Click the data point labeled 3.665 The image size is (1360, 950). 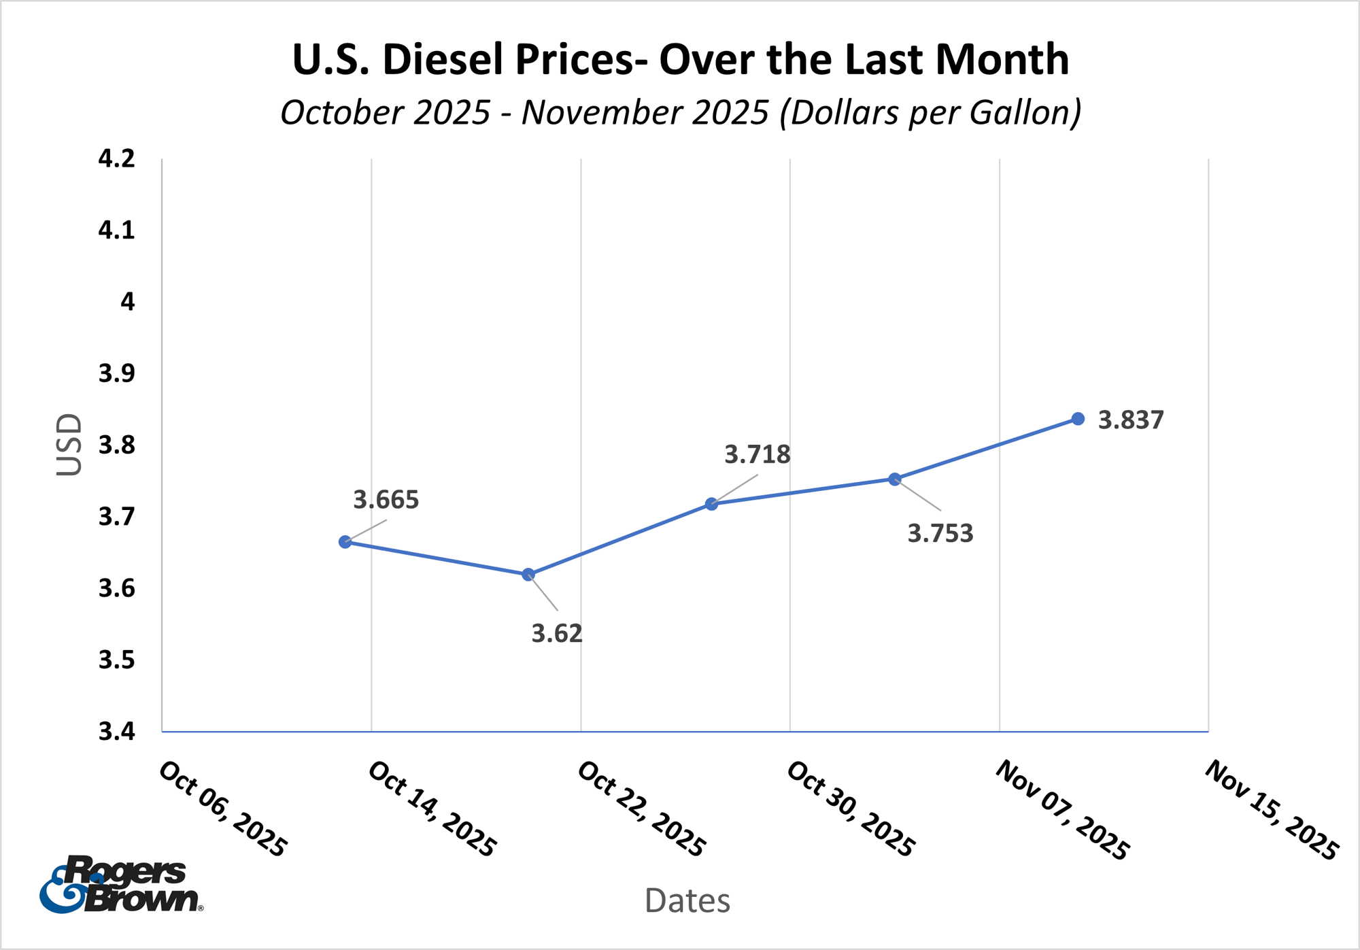pyautogui.click(x=345, y=542)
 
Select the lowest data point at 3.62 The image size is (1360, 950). pyautogui.click(x=528, y=575)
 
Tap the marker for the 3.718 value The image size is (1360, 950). pyautogui.click(x=711, y=504)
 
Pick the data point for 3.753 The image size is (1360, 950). pyautogui.click(x=895, y=479)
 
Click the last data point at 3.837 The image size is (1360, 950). pyautogui.click(x=1078, y=419)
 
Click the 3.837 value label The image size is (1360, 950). pyautogui.click(x=1131, y=420)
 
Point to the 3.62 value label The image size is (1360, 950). pyautogui.click(x=557, y=634)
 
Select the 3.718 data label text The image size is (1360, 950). pyautogui.click(x=757, y=454)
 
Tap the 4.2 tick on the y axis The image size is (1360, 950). pyautogui.click(x=117, y=159)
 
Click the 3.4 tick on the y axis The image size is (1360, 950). pyautogui.click(x=117, y=732)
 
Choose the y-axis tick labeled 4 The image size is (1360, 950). pyautogui.click(x=127, y=302)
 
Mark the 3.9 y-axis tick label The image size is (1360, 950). pyautogui.click(x=117, y=373)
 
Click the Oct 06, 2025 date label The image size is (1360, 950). pyautogui.click(x=223, y=809)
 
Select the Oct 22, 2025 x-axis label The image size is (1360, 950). pyautogui.click(x=641, y=809)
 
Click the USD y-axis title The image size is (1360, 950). pyautogui.click(x=69, y=445)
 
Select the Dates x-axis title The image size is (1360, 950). pyautogui.click(x=687, y=900)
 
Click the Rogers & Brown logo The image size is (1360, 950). pyautogui.click(x=121, y=884)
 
